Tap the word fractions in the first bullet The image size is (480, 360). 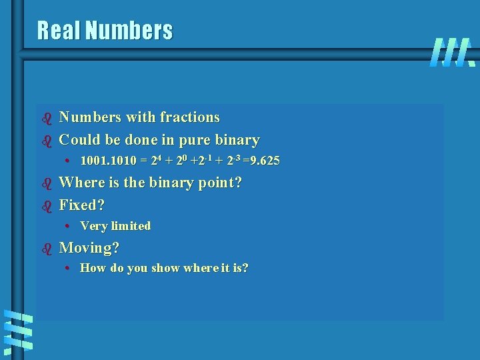coord(189,117)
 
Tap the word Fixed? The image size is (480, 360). coord(82,205)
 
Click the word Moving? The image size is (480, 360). coord(89,248)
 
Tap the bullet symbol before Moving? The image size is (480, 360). coord(47,249)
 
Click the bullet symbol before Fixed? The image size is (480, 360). coord(47,206)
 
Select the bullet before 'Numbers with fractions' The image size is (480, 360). coord(47,119)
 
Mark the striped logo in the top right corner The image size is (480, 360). coord(452,52)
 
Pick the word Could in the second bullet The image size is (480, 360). coord(79,140)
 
